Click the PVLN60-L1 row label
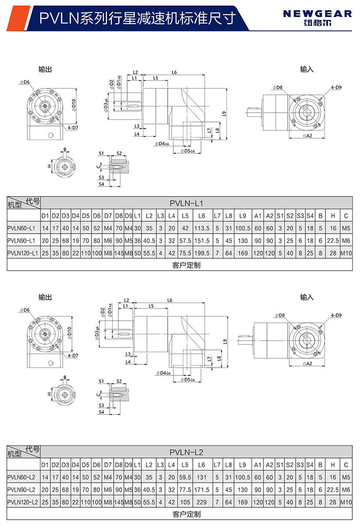22,227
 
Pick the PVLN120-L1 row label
22,253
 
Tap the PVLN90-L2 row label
22,489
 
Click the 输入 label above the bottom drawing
307,297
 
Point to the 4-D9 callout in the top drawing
336,87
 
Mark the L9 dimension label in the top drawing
224,113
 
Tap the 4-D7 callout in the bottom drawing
72,356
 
